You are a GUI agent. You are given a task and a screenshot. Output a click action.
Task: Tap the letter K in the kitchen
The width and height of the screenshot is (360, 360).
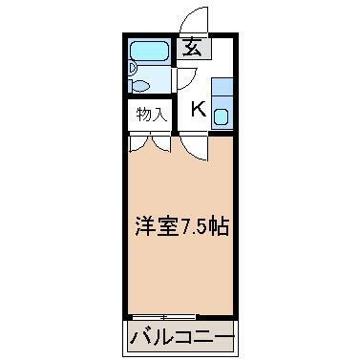pos(198,108)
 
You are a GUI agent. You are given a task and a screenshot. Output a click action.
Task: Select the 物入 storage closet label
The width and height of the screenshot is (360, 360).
pos(151,115)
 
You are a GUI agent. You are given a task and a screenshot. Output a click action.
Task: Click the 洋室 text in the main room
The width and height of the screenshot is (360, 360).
pos(152,230)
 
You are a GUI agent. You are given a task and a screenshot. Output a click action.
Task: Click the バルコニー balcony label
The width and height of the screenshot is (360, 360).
pos(181,337)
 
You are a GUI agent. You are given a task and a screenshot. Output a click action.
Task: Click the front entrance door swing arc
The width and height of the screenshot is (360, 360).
pos(194,19)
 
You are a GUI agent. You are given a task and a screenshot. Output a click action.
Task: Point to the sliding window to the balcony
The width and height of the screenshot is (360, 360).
pos(163,316)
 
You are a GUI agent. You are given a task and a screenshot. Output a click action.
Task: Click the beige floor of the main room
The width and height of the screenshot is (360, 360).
pos(181,277)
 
